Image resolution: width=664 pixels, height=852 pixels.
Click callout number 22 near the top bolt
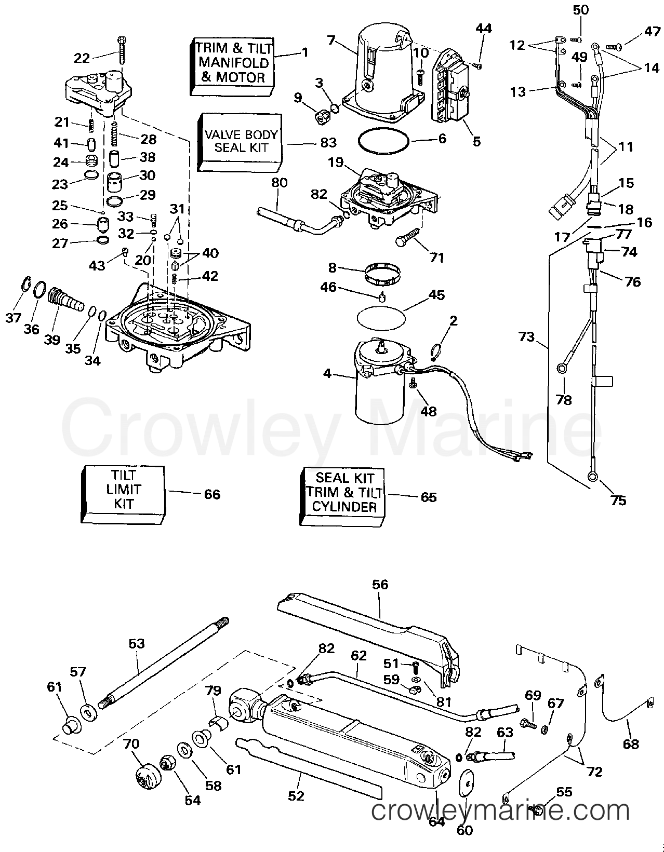[82, 58]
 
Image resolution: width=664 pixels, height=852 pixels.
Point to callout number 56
[380, 585]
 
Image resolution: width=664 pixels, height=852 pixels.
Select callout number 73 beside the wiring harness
[526, 337]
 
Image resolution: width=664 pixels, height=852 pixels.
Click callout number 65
[428, 497]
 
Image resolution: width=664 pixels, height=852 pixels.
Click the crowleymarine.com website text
[501, 812]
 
